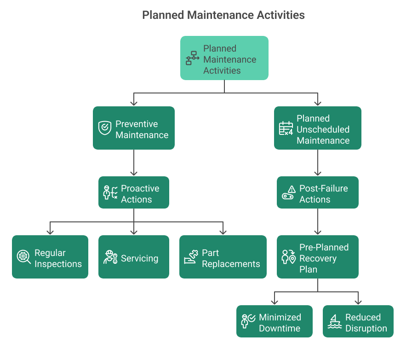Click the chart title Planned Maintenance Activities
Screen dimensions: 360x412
pyautogui.click(x=223, y=15)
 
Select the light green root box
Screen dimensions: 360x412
pyautogui.click(x=224, y=58)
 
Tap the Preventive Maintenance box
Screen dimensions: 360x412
pyautogui.click(x=133, y=128)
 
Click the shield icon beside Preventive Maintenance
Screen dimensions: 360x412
pyautogui.click(x=105, y=128)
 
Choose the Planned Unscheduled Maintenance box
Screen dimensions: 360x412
pyautogui.click(x=317, y=128)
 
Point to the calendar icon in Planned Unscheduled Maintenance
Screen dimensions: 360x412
pyautogui.click(x=286, y=128)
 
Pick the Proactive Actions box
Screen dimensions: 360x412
pyautogui.click(x=133, y=192)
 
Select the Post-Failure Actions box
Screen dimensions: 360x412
pyautogui.click(x=317, y=192)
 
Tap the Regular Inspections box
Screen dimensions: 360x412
pyautogui.click(x=50, y=257)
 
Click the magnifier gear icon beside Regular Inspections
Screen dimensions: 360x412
pyautogui.click(x=23, y=257)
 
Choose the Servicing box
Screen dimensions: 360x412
pyautogui.click(x=133, y=257)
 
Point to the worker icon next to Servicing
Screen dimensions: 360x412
pyautogui.click(x=110, y=257)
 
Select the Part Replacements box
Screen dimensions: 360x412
pyautogui.click(x=223, y=257)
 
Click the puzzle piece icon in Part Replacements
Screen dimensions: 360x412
pyautogui.click(x=191, y=257)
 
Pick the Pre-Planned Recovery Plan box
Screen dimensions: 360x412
pyautogui.click(x=317, y=257)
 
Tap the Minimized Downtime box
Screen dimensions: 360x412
pyautogui.click(x=275, y=321)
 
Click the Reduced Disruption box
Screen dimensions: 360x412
pyautogui.click(x=358, y=321)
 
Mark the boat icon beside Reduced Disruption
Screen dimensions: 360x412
pyautogui.click(x=335, y=321)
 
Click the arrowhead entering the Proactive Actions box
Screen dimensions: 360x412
pyautogui.click(x=134, y=173)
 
